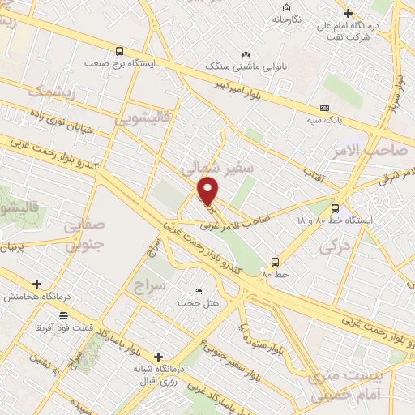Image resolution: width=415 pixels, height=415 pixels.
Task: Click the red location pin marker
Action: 208,191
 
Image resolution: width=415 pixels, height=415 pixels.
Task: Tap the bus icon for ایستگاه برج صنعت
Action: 120,49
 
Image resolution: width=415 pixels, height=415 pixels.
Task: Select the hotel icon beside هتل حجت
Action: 199,291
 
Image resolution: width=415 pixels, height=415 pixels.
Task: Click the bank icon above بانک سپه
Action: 325,108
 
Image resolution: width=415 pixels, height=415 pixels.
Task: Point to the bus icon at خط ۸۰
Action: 275,262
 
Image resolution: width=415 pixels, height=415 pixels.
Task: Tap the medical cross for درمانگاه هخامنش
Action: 36,284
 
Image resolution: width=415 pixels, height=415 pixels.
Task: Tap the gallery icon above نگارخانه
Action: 286,6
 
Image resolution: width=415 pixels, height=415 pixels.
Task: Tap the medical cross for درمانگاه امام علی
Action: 348,13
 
